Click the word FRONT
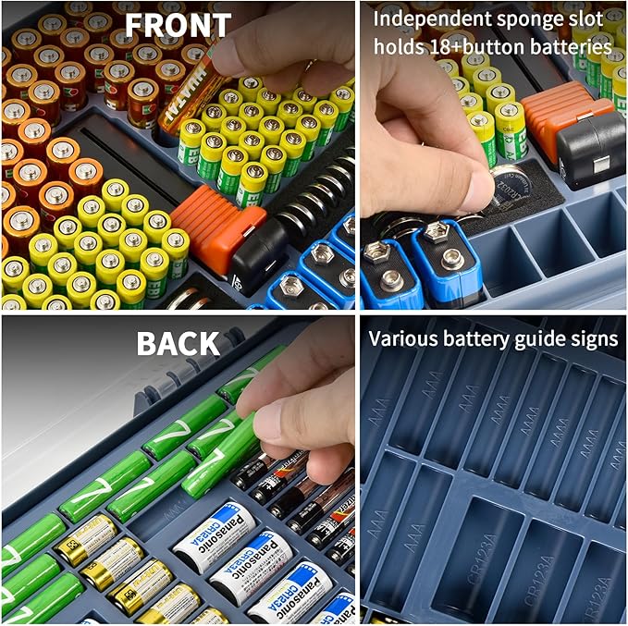pyautogui.click(x=178, y=25)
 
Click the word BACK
pyautogui.click(x=178, y=342)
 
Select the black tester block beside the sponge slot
pyautogui.click(x=592, y=148)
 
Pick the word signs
pyautogui.click(x=592, y=338)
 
